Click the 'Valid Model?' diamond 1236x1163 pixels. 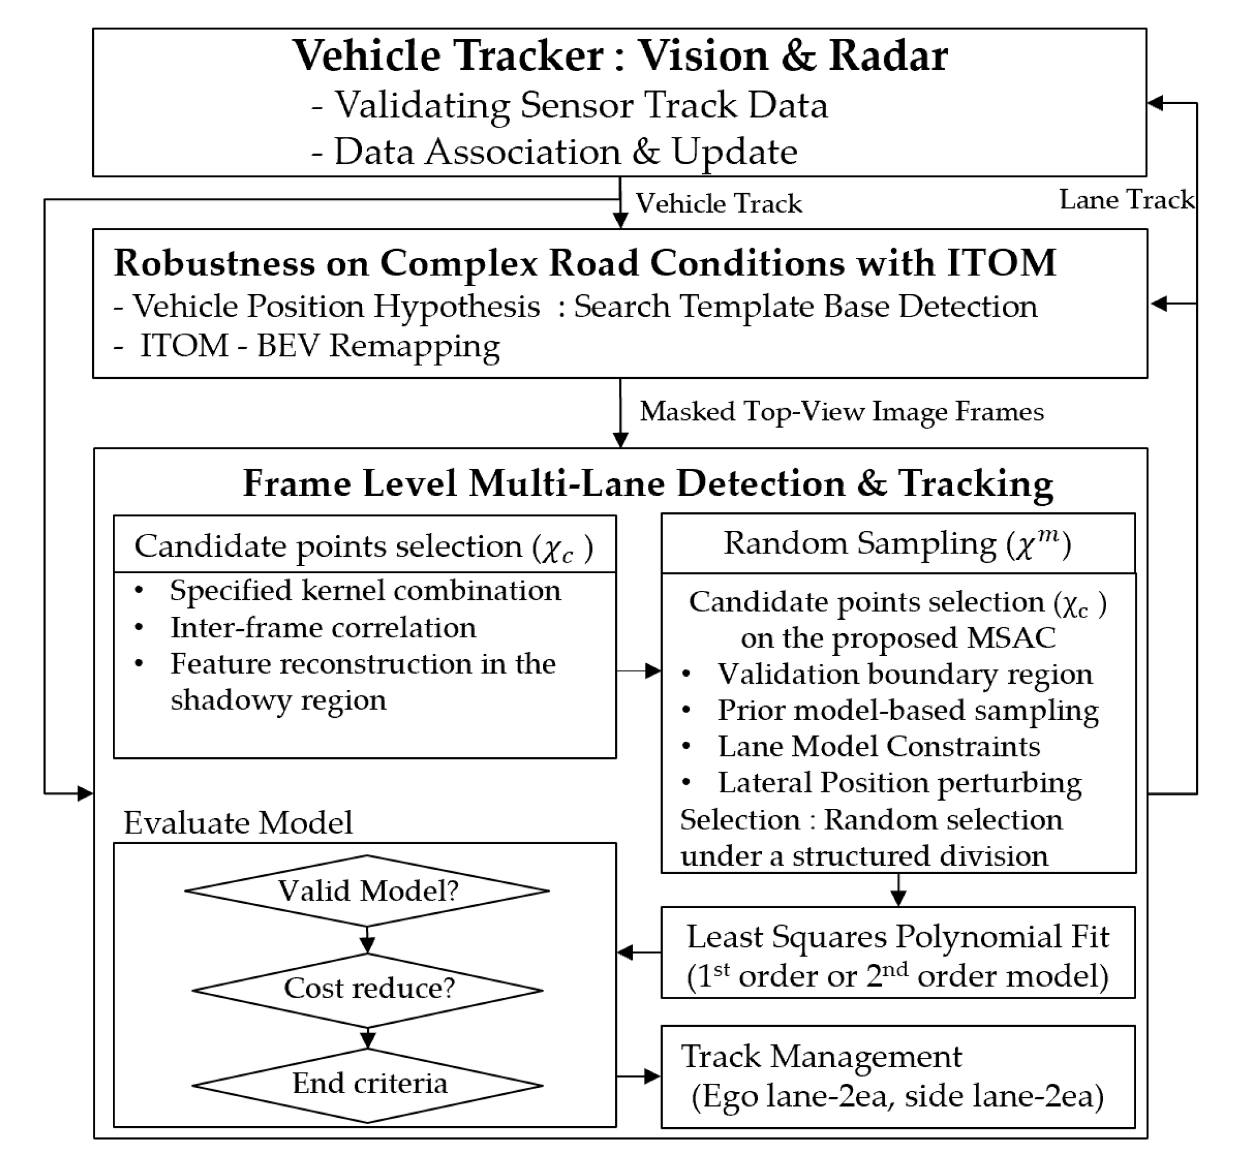367,890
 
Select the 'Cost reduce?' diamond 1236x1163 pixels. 368,988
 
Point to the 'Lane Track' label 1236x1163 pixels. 1126,200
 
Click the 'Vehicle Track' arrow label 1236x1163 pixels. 718,203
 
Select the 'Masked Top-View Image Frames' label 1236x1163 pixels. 841,412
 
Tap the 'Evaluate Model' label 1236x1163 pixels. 237,823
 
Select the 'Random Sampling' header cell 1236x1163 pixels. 898,543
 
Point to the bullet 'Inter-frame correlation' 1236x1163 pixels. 323,628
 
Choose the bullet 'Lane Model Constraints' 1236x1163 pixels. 878,747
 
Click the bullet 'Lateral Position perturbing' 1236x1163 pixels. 899,782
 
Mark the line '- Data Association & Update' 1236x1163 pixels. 555,152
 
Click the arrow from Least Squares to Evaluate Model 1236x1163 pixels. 639,952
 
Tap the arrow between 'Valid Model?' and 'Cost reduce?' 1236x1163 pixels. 367,940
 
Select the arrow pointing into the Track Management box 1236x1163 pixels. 639,1076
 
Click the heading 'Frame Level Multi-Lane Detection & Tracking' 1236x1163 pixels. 647,483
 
